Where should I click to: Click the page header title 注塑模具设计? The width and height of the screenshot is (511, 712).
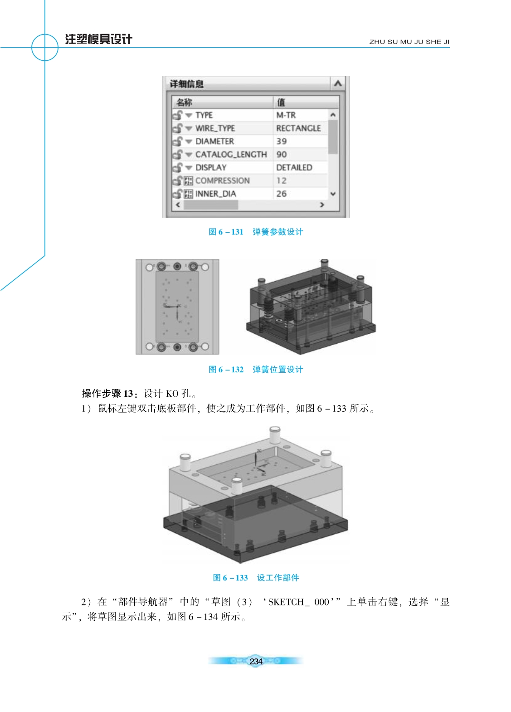point(98,39)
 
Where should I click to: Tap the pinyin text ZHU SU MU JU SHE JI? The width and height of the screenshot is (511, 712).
point(409,42)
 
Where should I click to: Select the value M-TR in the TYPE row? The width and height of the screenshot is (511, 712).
point(286,115)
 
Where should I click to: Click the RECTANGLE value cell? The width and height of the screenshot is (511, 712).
point(298,128)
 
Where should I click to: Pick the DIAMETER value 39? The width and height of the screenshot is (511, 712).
point(281,141)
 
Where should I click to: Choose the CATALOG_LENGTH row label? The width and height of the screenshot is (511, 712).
point(231,155)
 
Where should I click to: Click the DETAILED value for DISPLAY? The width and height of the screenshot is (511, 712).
point(294,167)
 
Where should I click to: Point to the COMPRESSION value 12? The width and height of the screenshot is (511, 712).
point(281,180)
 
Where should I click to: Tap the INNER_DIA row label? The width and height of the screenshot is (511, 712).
point(215,194)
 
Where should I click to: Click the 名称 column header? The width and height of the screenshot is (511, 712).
point(184,102)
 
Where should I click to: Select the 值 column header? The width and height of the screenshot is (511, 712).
point(281,102)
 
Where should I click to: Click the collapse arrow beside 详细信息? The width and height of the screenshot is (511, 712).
point(338,83)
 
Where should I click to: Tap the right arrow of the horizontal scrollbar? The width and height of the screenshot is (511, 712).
point(322,205)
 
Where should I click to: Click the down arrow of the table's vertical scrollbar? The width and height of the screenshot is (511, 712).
point(333,194)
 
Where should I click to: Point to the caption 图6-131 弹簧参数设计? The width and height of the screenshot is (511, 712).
point(256,232)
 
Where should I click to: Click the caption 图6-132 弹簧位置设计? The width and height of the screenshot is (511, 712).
point(256,369)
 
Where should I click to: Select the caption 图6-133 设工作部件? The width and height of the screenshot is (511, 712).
point(256,578)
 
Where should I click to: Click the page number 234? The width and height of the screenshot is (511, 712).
point(256,662)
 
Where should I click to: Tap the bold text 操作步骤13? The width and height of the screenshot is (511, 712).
point(107,394)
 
